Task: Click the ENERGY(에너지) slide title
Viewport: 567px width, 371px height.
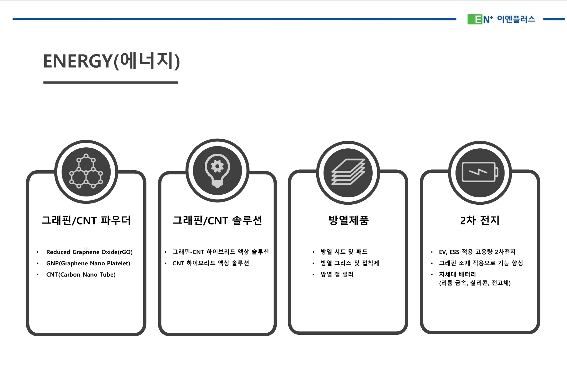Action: click(111, 61)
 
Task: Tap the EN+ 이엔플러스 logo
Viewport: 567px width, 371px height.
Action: click(501, 19)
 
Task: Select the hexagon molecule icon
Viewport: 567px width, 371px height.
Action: click(86, 171)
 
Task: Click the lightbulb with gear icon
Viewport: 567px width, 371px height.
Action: click(217, 170)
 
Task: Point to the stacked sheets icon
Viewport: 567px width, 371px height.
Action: click(348, 172)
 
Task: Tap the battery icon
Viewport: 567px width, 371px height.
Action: click(480, 172)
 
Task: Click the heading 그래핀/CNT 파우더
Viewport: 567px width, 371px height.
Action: click(86, 220)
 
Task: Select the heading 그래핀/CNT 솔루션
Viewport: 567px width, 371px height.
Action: click(217, 220)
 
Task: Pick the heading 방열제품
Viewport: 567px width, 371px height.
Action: click(348, 220)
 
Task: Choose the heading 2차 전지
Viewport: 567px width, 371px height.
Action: click(480, 220)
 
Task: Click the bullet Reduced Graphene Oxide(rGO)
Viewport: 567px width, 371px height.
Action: click(89, 252)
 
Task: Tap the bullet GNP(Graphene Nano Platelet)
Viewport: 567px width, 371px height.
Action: click(88, 263)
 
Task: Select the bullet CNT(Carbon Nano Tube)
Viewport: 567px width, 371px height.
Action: click(81, 274)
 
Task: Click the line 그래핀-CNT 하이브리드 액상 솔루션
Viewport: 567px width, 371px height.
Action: click(220, 252)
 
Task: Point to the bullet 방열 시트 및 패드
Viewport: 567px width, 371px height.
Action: click(344, 252)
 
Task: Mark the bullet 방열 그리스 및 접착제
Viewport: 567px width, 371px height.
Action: click(349, 263)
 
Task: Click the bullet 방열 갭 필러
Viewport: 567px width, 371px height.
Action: click(337, 274)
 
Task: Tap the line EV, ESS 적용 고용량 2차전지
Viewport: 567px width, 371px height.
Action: click(477, 252)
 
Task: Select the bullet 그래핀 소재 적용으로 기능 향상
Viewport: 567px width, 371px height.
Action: click(481, 263)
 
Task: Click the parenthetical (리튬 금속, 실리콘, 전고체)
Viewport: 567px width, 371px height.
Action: click(475, 283)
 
